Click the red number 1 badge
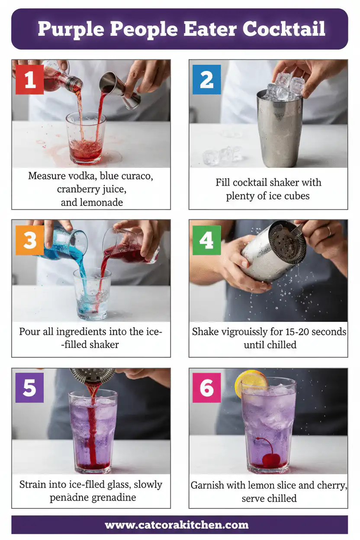30,80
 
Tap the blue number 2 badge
206,80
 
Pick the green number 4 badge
206,240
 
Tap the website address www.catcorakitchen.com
177,525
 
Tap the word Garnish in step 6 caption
208,485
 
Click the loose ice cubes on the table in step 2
218,157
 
